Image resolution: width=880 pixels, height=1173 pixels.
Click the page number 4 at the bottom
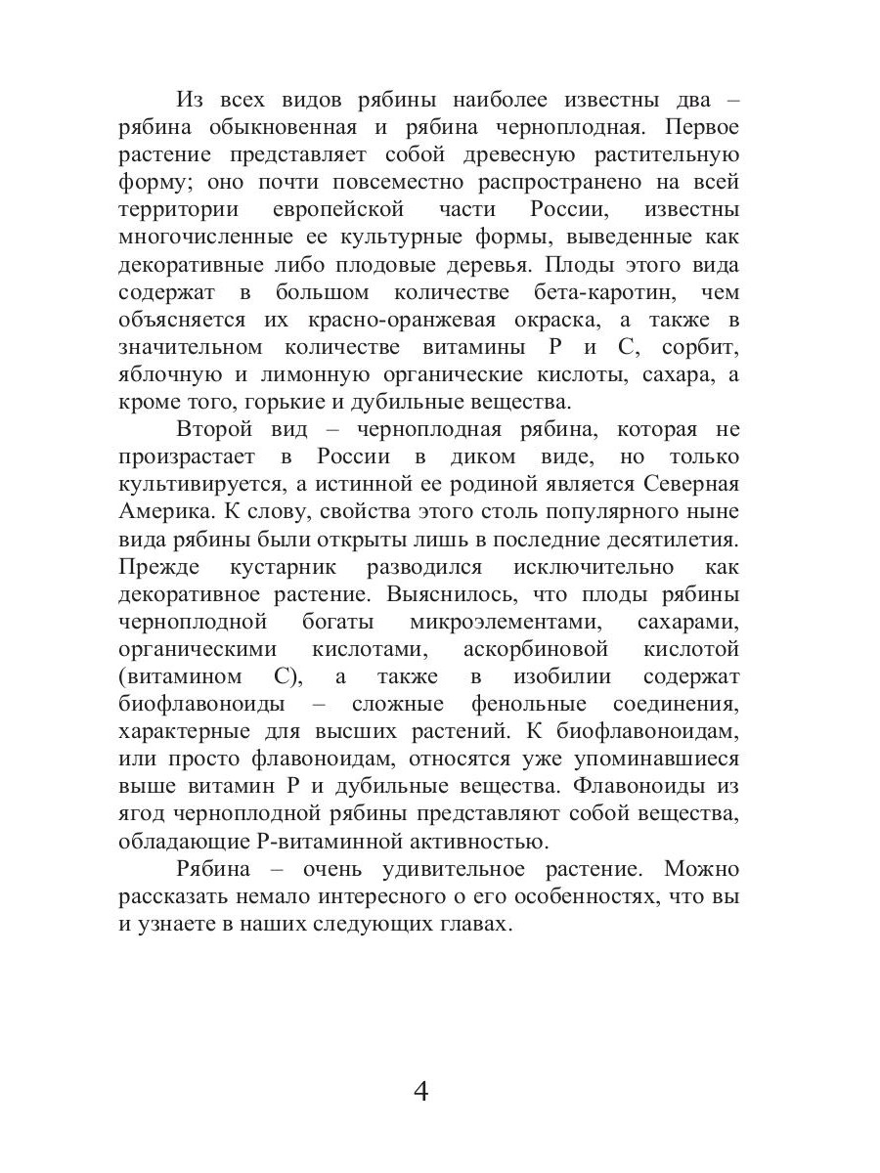click(421, 1091)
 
